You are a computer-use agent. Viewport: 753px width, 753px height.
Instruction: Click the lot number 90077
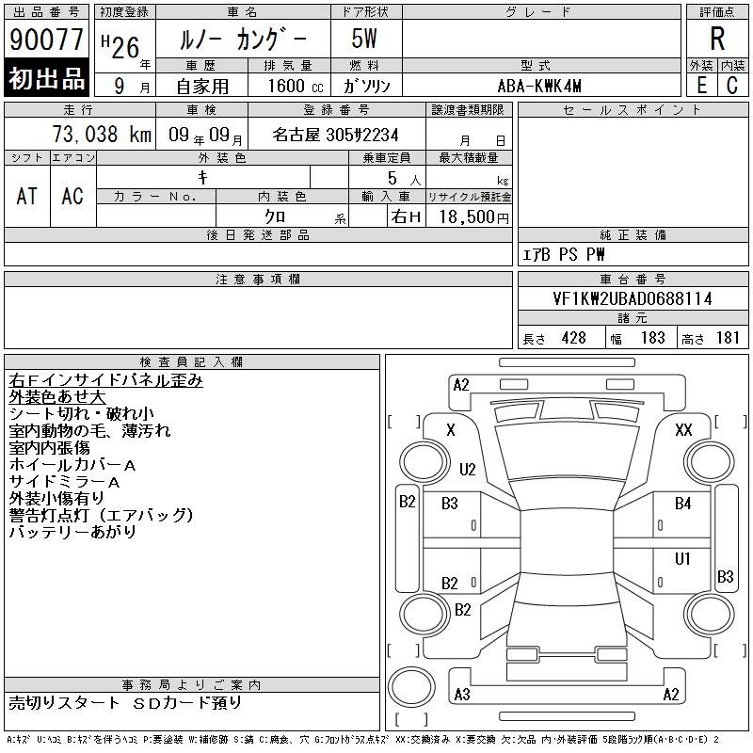46,40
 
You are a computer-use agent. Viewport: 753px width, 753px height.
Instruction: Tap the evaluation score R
717,39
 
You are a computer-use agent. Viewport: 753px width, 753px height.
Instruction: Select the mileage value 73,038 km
102,134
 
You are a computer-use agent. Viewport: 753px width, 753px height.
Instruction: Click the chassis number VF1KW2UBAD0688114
633,298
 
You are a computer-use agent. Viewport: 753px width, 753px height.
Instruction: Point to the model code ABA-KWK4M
539,86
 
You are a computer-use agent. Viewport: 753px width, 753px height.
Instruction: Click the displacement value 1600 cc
296,86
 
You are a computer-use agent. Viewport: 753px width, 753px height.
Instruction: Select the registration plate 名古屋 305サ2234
335,135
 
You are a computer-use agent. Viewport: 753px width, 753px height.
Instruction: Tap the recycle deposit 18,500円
474,217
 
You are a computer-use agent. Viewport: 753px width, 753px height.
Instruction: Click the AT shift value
26,196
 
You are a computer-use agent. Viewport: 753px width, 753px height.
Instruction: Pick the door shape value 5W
364,39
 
